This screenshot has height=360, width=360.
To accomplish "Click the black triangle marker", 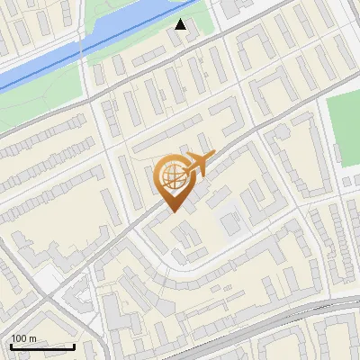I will point(181,24).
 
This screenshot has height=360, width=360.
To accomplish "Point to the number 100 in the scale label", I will point(19,338).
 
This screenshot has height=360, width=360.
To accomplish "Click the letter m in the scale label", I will point(32,338).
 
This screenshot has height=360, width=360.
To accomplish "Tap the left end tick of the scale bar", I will point(11,345).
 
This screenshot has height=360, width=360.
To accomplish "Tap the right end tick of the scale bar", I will point(74,345).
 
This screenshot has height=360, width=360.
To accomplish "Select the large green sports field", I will point(344,135).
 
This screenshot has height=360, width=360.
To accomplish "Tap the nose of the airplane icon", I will point(214,157).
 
